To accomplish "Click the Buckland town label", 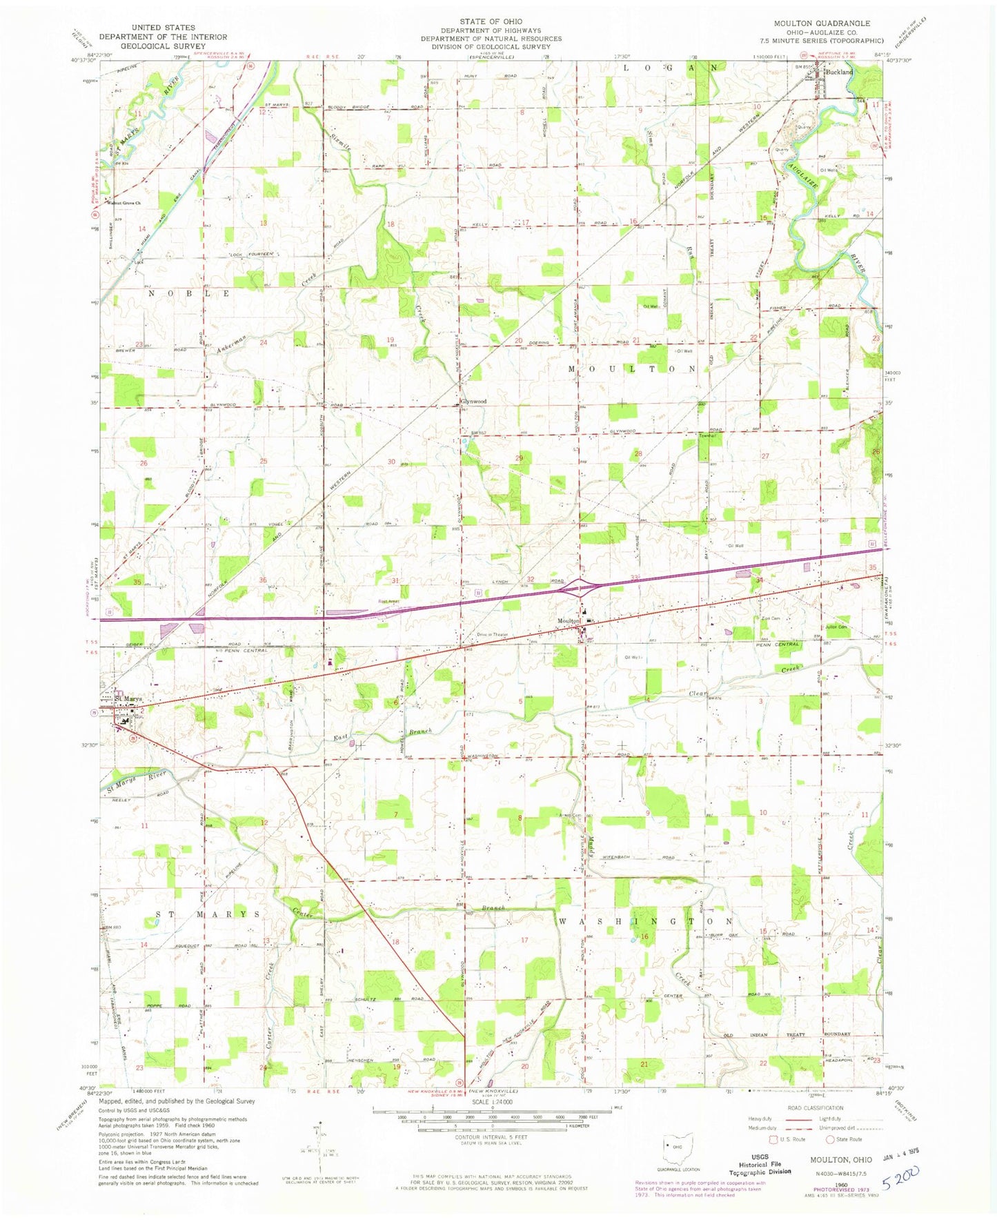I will [840, 72].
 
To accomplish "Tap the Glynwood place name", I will [473, 401].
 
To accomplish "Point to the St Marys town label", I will [128, 699].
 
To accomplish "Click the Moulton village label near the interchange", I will [569, 620].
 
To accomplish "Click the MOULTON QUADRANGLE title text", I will [822, 23].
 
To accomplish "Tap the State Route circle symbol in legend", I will [831, 1139].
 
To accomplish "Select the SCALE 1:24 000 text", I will [491, 1103].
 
